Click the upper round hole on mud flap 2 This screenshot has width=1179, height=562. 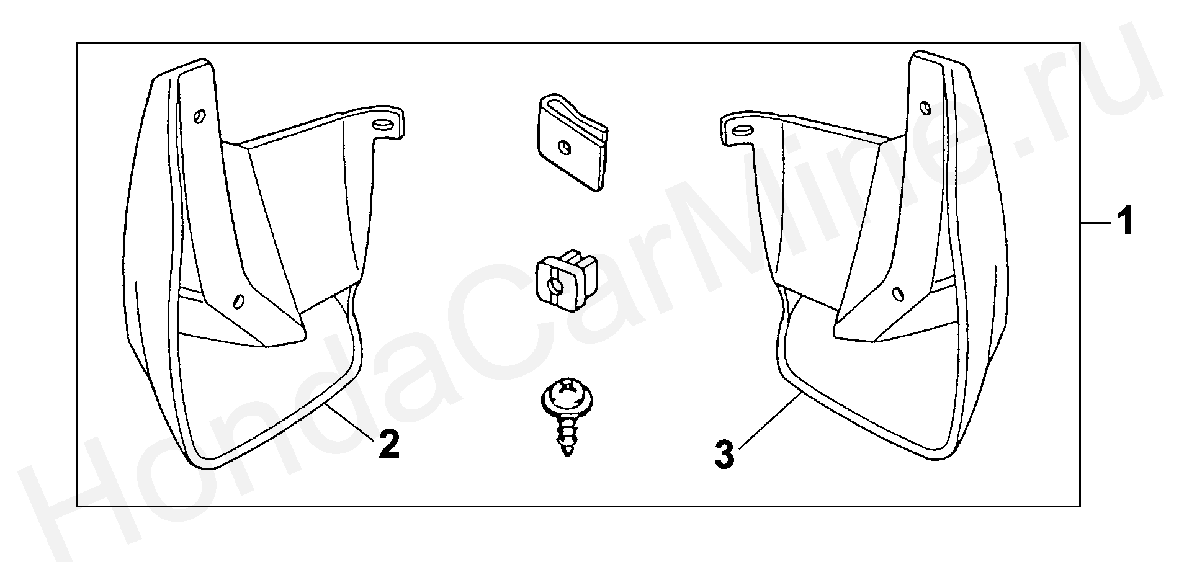(200, 116)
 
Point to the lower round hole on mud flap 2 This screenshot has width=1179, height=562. (237, 301)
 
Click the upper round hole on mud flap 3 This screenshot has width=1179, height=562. (925, 108)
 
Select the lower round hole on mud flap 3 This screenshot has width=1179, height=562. (897, 293)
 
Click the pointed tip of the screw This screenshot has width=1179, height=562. (567, 455)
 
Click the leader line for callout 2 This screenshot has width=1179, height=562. (350, 419)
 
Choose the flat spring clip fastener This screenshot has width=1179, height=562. (570, 142)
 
